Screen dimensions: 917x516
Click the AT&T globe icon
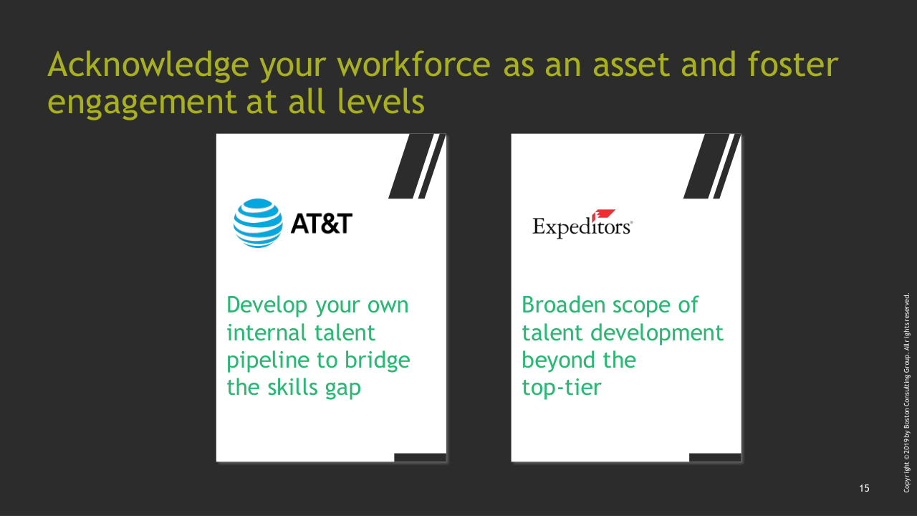[258, 223]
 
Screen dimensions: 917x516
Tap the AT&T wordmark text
[322, 224]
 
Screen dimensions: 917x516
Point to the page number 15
[864, 488]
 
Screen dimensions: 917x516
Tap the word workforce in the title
[414, 64]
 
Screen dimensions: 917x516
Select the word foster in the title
[793, 64]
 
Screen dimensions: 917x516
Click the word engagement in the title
[142, 102]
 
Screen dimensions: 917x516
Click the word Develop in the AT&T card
[267, 305]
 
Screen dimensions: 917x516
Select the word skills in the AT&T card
[292, 387]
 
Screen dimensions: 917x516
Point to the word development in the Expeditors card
[657, 333]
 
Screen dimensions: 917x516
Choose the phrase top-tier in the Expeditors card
[562, 388]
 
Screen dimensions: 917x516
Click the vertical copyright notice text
[906, 393]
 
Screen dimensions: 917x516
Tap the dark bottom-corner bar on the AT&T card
[420, 457]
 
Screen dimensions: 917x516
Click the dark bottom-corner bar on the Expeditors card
[715, 457]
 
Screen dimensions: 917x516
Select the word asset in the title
[632, 65]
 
